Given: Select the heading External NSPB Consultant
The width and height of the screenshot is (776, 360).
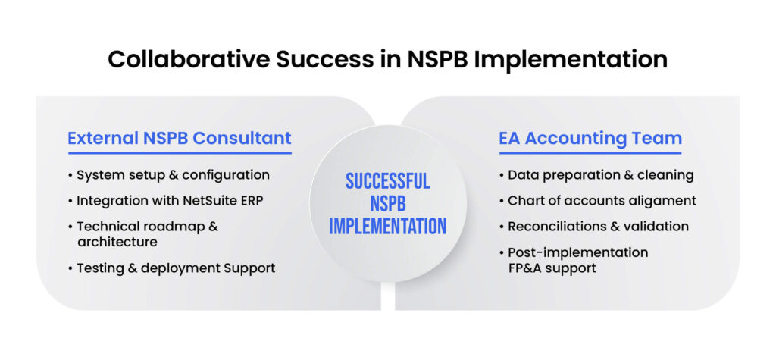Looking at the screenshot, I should [180, 139].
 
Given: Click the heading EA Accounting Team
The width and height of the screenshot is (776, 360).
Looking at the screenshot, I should [590, 139].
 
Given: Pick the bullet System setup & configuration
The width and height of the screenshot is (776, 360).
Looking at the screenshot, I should [173, 175].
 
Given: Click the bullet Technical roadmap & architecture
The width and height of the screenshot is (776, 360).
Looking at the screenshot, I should [147, 234].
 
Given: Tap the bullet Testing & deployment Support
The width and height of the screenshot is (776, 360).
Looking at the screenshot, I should [176, 268].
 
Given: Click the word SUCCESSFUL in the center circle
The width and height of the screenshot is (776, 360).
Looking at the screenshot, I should [387, 181].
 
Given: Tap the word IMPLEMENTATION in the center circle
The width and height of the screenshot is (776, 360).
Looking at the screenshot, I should [387, 226].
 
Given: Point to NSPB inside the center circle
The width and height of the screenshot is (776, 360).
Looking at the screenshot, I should [387, 204].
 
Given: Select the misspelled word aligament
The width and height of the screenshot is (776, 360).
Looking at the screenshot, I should [666, 201].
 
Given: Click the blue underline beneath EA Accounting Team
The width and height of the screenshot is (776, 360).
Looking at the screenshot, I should [590, 153].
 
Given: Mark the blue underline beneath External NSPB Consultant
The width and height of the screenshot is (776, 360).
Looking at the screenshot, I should [180, 153].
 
